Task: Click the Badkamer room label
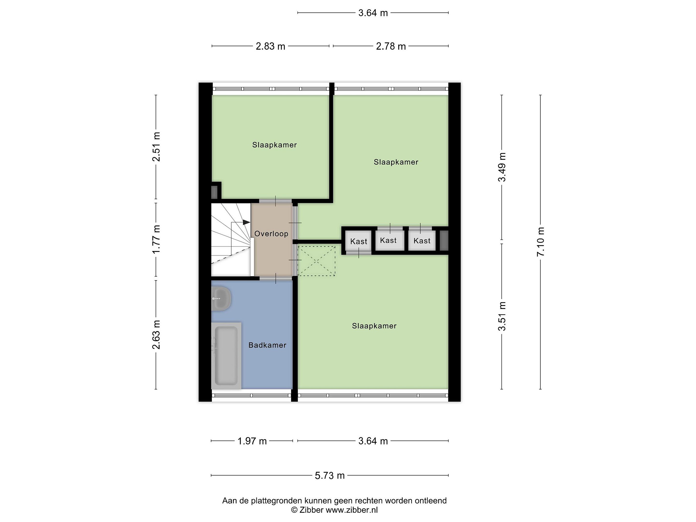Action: tap(267, 345)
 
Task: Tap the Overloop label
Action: tap(271, 234)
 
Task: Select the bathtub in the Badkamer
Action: tap(226, 355)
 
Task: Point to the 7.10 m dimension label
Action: tap(541, 242)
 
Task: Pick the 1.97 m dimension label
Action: tap(252, 441)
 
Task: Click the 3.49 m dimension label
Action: tap(502, 167)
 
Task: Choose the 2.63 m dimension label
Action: tap(156, 335)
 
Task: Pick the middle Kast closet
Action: tap(390, 240)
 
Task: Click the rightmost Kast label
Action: tap(422, 241)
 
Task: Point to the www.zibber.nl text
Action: tap(351, 510)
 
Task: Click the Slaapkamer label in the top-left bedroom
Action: tap(274, 145)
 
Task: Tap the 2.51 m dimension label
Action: tap(156, 147)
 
